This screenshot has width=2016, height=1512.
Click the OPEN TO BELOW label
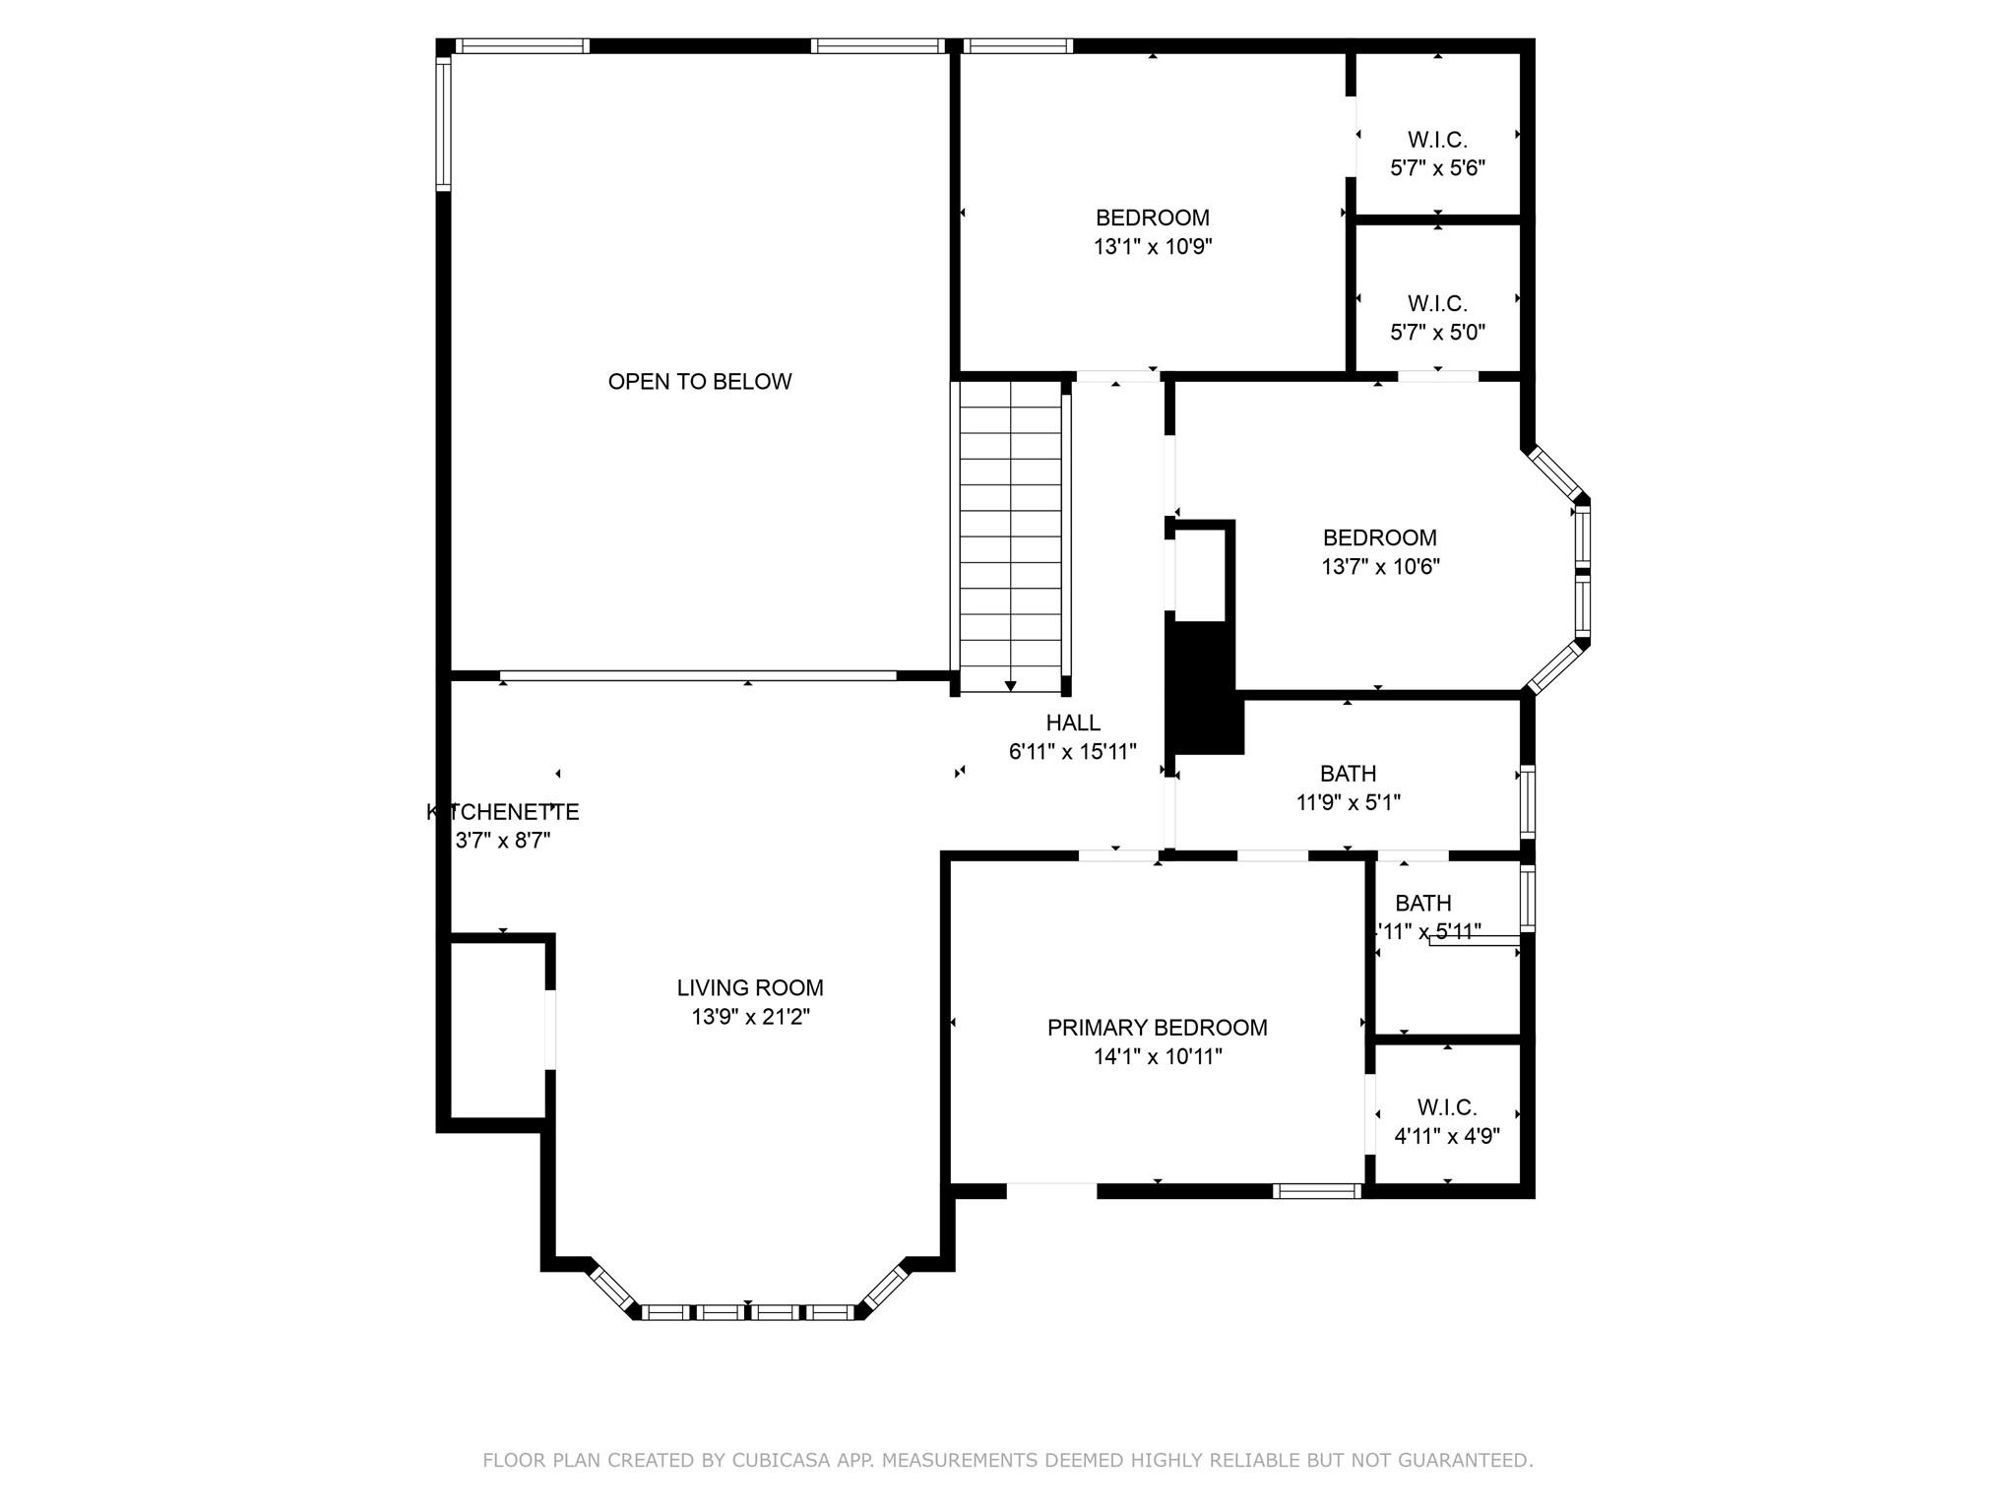699,382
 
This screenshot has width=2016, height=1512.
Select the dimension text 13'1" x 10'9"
1152,247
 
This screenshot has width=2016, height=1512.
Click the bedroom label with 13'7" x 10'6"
1379,538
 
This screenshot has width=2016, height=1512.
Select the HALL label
1073,724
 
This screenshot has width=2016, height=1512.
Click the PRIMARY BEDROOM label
1157,1029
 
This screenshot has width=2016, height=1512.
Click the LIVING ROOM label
749,988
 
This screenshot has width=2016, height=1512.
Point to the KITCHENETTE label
502,813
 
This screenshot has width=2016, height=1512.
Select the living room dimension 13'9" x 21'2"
749,1017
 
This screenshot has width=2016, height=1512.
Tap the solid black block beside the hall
1203,689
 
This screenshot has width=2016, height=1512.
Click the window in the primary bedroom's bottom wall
1316,1191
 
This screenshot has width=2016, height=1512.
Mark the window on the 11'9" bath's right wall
1527,801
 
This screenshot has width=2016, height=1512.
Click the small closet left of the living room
497,1030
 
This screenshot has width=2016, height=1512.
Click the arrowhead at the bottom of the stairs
1010,686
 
